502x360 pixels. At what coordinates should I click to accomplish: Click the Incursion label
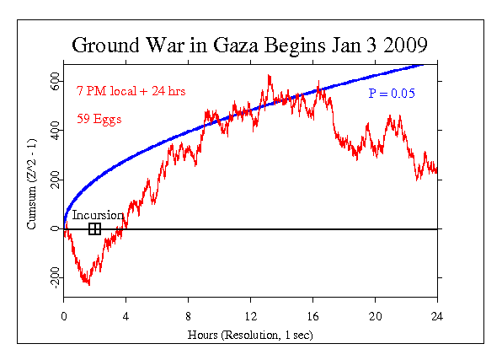(x=98, y=215)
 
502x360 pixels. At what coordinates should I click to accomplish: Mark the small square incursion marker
(x=94, y=228)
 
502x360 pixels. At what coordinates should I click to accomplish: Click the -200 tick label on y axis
(x=53, y=279)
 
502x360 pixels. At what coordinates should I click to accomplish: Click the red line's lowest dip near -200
(x=88, y=284)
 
